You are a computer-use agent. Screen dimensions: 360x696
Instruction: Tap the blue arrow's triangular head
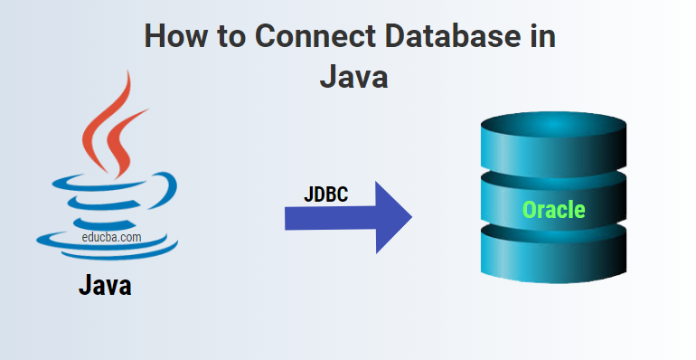point(391,217)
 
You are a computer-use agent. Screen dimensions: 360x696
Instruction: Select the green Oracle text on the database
point(553,211)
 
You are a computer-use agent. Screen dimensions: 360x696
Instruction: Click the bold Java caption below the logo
point(105,286)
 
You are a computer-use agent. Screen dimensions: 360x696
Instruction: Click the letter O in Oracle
point(529,211)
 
